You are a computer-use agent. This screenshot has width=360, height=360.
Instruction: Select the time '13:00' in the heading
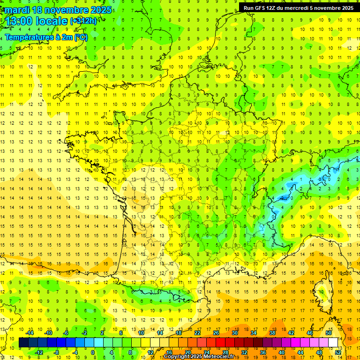tap(19, 21)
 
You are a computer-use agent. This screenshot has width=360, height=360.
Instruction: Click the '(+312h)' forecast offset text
tap(83, 21)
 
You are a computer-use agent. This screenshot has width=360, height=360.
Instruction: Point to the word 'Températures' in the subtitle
tap(29, 37)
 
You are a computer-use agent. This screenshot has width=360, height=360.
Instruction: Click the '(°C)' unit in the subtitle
tap(80, 37)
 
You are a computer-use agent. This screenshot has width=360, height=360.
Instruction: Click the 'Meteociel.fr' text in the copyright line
tap(222, 357)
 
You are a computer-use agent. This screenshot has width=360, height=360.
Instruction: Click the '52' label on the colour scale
tap(338, 352)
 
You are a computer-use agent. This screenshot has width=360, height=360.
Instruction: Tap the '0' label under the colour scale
tap(93, 352)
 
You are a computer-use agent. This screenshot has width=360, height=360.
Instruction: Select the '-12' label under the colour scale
tap(39, 352)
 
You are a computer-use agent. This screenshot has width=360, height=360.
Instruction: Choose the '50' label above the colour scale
tap(328, 333)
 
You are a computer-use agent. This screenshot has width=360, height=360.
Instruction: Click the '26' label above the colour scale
tap(216, 333)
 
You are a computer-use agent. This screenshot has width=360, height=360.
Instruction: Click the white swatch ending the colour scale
tap(333, 343)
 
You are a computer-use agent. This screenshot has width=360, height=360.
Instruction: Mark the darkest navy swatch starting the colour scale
tap(24, 343)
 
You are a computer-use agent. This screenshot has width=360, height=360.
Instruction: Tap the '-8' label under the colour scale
tap(57, 352)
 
